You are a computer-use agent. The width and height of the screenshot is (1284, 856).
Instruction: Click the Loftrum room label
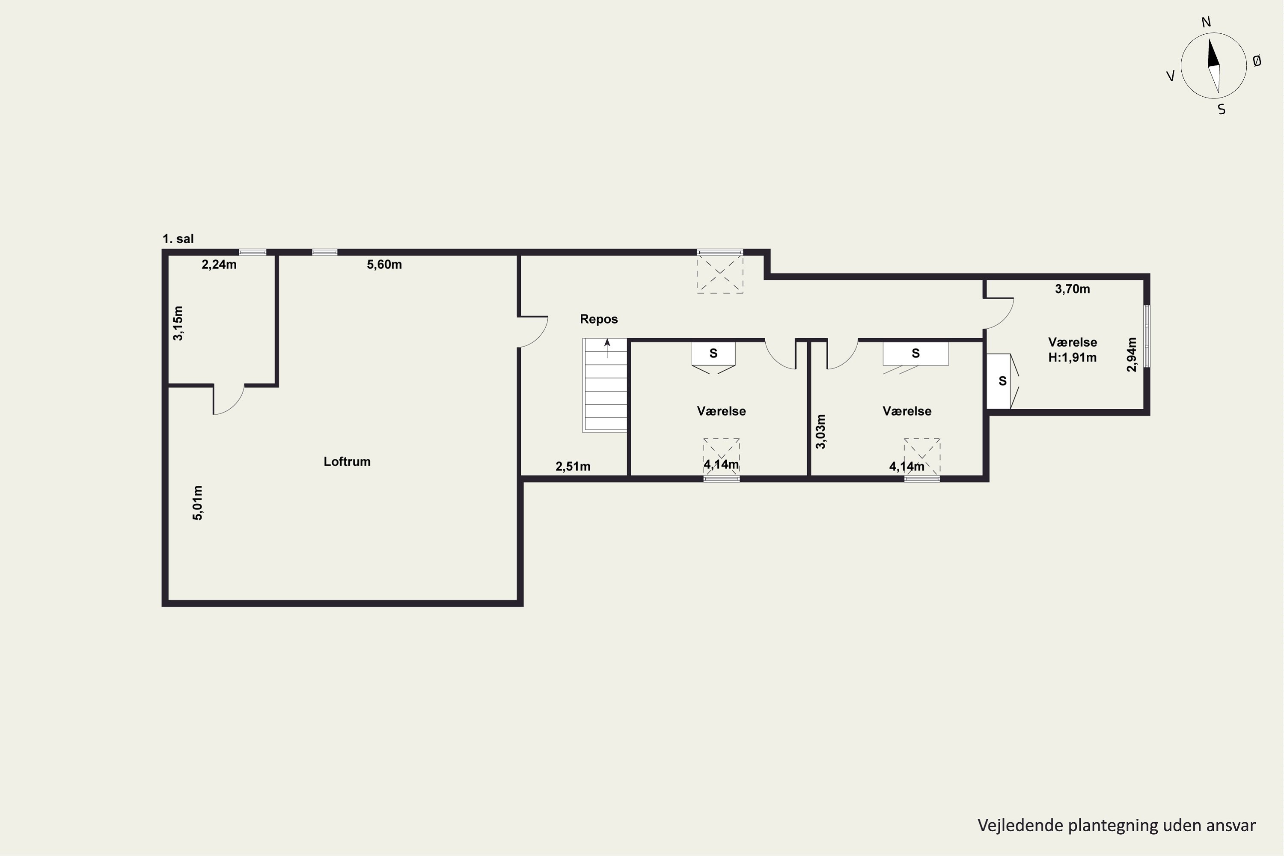pos(347,461)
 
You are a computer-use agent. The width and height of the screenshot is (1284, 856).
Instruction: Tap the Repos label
pos(599,319)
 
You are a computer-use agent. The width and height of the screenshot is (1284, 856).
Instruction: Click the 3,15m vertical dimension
pos(178,323)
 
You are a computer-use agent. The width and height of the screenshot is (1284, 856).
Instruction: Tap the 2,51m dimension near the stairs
pos(573,466)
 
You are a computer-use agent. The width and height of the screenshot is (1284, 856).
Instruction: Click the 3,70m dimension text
pos(1072,289)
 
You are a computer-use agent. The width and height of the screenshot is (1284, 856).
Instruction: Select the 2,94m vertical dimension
pos(1132,355)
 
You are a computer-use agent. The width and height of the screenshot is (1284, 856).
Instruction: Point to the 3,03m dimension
pos(820,432)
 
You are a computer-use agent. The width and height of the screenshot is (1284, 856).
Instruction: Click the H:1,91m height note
pos(1072,357)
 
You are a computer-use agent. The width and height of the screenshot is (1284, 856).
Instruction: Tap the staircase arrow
pos(607,348)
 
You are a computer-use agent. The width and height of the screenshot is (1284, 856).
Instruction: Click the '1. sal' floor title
pos(178,238)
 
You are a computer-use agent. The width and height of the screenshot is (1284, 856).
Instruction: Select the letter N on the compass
pos(1207,22)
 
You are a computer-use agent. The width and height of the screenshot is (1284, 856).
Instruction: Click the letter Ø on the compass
pos(1257,61)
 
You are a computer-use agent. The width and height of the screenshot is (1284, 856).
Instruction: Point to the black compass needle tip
pos(1209,38)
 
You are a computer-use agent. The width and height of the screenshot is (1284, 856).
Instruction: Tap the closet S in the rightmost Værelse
pos(1002,381)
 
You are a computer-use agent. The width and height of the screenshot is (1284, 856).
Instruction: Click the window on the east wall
pos(1147,336)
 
